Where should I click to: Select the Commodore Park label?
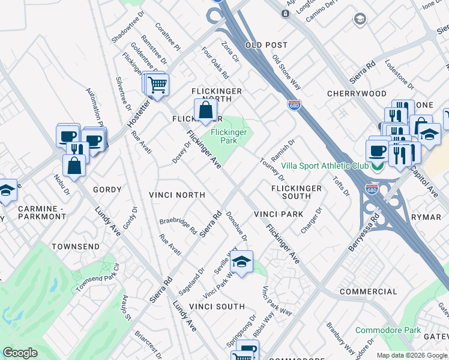tap(388, 330)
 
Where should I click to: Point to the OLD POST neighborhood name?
tap(267, 45)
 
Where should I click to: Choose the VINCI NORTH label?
tap(177, 195)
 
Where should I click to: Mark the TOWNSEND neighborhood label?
tap(74, 247)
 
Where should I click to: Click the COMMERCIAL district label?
tap(369, 292)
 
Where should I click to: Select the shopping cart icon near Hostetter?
tap(157, 85)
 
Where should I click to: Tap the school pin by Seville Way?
tap(241, 262)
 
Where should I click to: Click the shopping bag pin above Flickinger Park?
tap(205, 110)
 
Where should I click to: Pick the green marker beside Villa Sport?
tap(377, 167)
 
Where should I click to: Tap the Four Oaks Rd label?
tap(215, 64)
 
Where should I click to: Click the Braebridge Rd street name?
tap(178, 226)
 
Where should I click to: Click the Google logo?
tap(20, 353)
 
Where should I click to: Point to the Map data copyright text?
tap(411, 355)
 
